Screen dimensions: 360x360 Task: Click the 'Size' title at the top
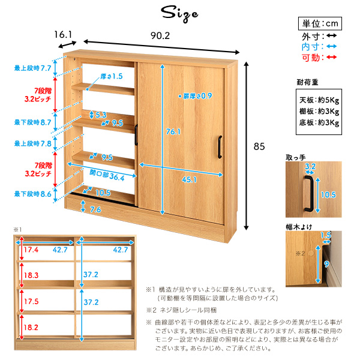[179, 14]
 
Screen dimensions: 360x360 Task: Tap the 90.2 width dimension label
[160, 35]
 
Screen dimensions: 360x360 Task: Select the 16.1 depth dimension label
[63, 35]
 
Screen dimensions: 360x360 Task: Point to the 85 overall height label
[259, 146]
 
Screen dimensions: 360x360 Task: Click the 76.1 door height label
[173, 131]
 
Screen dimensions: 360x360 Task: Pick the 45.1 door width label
[190, 179]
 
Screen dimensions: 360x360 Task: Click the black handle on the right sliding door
[220, 147]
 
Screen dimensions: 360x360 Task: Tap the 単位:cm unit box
[320, 23]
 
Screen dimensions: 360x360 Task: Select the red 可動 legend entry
[319, 58]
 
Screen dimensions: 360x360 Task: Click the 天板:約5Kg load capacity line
[319, 100]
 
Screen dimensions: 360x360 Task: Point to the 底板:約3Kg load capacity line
[319, 122]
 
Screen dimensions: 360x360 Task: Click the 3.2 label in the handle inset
[310, 166]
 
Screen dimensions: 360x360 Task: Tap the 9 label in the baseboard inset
[326, 264]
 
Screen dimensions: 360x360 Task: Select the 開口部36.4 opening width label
[107, 175]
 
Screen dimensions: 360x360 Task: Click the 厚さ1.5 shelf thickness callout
[112, 76]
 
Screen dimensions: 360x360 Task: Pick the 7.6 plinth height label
[95, 209]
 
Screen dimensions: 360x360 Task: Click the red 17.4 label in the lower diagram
[31, 250]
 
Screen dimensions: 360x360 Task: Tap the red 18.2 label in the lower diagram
[31, 328]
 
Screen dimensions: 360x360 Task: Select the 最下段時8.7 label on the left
[32, 122]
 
